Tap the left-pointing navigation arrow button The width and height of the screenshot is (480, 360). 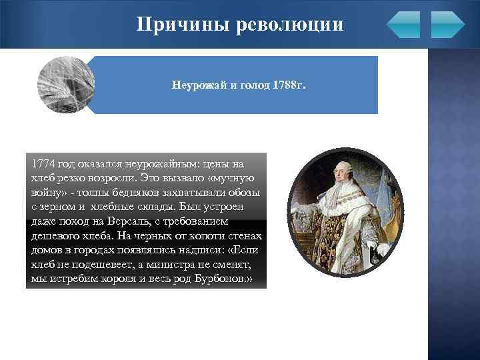(403, 25)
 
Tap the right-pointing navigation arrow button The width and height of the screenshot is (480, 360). (447, 25)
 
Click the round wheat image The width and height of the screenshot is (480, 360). (66, 85)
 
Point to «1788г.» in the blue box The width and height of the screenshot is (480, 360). (289, 87)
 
